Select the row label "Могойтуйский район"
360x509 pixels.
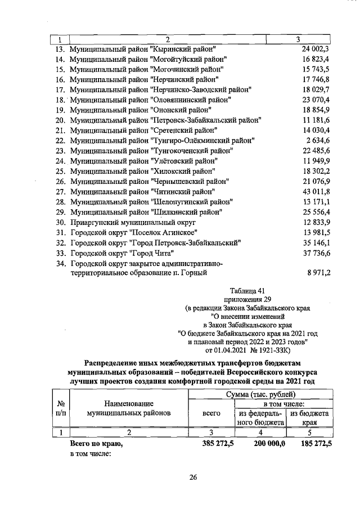click(x=148, y=59)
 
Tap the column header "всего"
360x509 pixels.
click(x=211, y=413)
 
